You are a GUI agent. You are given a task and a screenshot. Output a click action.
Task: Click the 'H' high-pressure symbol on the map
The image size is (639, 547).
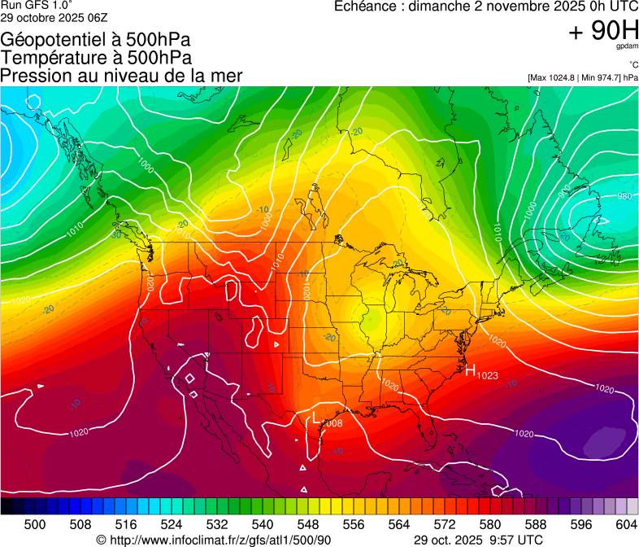(470, 371)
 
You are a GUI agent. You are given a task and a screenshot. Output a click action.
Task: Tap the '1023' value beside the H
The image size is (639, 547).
(487, 375)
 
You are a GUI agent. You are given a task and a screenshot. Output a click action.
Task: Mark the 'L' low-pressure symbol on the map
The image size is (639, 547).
(315, 418)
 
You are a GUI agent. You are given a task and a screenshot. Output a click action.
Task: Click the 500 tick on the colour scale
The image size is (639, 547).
(35, 523)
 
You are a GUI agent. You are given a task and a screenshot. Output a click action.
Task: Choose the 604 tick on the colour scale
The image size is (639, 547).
(626, 523)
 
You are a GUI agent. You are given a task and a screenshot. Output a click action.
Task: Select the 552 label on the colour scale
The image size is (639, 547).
(330, 523)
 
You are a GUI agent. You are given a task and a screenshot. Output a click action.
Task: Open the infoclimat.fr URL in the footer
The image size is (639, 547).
(220, 540)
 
